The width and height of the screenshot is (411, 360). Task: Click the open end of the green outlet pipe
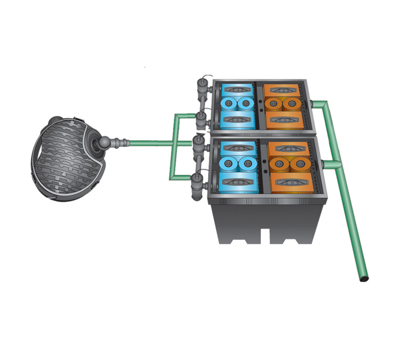[x=364, y=279]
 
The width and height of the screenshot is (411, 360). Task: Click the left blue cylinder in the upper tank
[x=228, y=104]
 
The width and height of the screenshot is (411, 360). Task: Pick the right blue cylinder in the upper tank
[x=246, y=104]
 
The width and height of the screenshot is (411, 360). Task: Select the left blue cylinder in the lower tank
[x=228, y=164]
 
